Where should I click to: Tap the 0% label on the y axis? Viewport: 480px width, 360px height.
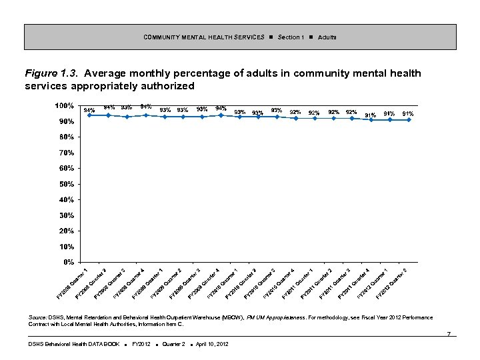tap(68, 262)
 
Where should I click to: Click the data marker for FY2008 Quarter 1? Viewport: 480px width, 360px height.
tap(89, 115)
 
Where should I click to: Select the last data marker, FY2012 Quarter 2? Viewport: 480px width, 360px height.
tap(409, 120)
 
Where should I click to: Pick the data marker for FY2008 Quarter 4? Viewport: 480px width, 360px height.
tap(146, 115)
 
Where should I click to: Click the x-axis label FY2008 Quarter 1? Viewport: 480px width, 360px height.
tap(75, 282)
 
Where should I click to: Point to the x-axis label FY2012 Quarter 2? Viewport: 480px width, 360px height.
tap(395, 282)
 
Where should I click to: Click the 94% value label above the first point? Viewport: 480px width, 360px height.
tap(89, 110)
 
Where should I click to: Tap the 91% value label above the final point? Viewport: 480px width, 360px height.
tap(408, 114)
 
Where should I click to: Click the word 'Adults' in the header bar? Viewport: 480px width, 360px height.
tap(327, 37)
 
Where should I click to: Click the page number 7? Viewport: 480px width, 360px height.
tap(450, 333)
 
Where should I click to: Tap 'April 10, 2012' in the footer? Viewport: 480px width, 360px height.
tap(209, 344)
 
